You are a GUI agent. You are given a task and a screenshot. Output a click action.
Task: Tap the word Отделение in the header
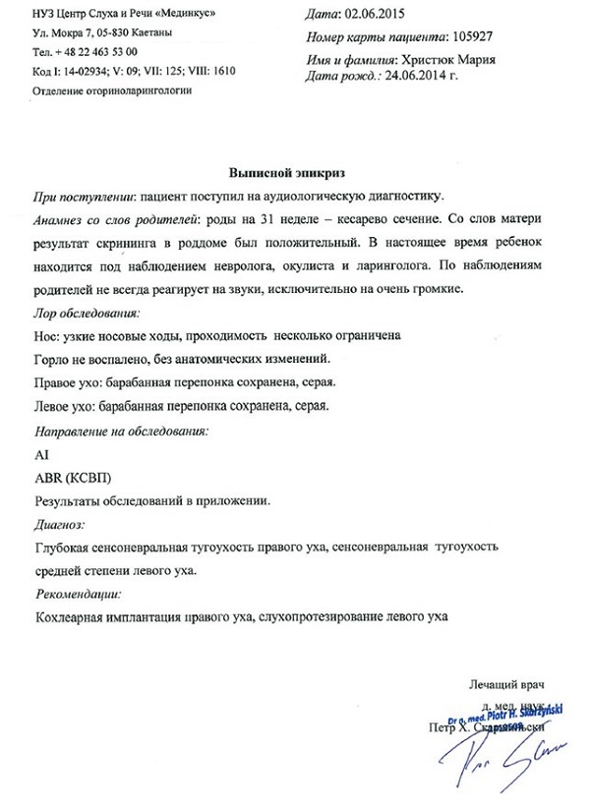tap(65, 89)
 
